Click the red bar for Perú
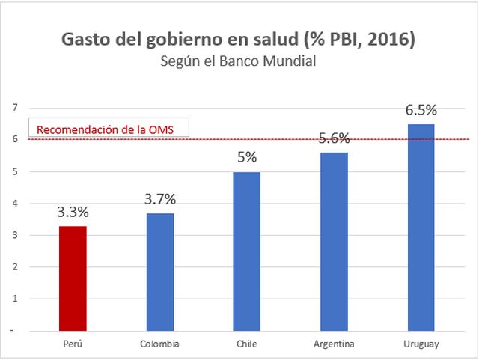coord(73,278)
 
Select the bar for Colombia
coord(159,272)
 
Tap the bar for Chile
coord(247,251)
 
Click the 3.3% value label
coord(73,211)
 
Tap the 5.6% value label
coord(334,138)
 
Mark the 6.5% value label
coord(421,110)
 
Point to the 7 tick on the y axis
coord(13,108)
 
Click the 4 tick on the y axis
coord(13,204)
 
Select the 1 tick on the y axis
coord(13,299)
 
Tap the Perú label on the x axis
coord(73,344)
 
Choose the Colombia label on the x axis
coord(159,344)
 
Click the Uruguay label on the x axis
coord(421,344)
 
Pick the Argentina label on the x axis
coord(334,344)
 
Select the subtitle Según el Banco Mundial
coord(239,61)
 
